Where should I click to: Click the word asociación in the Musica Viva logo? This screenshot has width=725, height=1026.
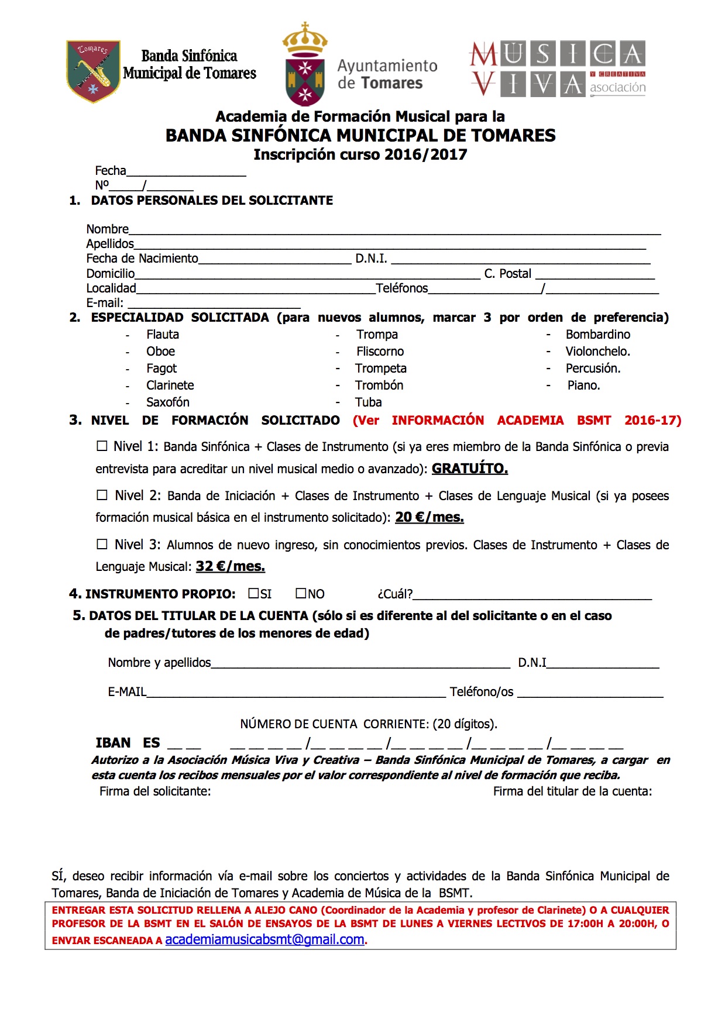pyautogui.click(x=617, y=88)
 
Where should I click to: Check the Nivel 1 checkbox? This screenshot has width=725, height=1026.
pyautogui.click(x=102, y=446)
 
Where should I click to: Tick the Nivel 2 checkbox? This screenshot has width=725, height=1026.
pyautogui.click(x=102, y=495)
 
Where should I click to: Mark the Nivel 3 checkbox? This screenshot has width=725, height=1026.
pyautogui.click(x=102, y=544)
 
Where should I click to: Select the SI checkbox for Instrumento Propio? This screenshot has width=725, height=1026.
pyautogui.click(x=253, y=593)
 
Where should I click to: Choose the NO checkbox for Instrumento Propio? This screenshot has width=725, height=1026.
pyautogui.click(x=301, y=593)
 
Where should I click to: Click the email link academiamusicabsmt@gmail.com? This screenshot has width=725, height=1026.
pyautogui.click(x=264, y=939)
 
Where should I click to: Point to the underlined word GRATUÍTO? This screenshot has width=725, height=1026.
pyautogui.click(x=469, y=469)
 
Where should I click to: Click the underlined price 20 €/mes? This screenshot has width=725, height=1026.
pyautogui.click(x=429, y=517)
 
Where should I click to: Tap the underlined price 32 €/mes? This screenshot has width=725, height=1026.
pyautogui.click(x=230, y=566)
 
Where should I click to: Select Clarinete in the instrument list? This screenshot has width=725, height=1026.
pyautogui.click(x=170, y=385)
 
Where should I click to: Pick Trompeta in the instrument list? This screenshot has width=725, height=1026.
pyautogui.click(x=380, y=369)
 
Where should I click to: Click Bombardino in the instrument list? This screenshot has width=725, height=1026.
pyautogui.click(x=597, y=335)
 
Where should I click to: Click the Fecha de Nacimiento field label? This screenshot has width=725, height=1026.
pyautogui.click(x=142, y=259)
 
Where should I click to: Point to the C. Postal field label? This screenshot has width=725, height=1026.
pyautogui.click(x=507, y=274)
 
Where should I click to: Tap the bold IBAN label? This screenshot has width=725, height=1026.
pyautogui.click(x=113, y=743)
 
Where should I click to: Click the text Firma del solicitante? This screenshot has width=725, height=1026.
pyautogui.click(x=155, y=791)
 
